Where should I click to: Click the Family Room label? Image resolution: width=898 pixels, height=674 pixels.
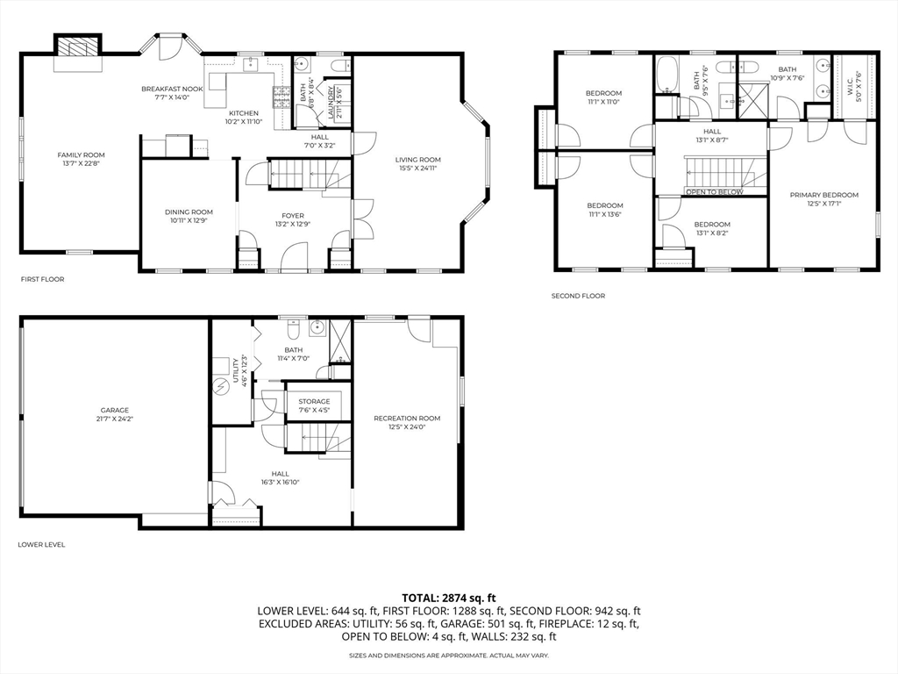coord(81,154)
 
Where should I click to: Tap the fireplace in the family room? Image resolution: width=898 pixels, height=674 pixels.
coord(78,49)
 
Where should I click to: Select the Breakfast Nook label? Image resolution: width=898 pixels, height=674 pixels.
coord(172,89)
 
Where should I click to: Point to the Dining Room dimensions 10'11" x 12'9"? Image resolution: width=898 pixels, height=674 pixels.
coord(189,220)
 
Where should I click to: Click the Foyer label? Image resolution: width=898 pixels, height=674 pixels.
coord(292,215)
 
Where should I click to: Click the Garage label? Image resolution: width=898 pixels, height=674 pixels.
coord(114,410)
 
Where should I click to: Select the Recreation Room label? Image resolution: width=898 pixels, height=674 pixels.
coord(406,418)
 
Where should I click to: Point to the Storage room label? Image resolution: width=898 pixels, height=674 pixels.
coord(314,401)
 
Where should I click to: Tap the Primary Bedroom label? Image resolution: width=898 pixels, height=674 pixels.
coord(823,195)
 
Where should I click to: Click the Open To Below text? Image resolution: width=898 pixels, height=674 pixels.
coord(714,192)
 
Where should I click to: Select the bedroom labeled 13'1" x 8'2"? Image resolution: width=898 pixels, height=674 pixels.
coord(711,224)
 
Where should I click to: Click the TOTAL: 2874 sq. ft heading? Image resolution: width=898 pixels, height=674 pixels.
coord(448,597)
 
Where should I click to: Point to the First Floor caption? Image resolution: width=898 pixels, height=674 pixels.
coord(42,279)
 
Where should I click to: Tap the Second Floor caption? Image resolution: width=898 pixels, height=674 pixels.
coord(578,296)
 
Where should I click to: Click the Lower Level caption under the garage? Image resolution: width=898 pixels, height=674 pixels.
coord(41,544)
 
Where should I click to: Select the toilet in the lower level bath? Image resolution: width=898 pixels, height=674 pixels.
coord(295,328)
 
